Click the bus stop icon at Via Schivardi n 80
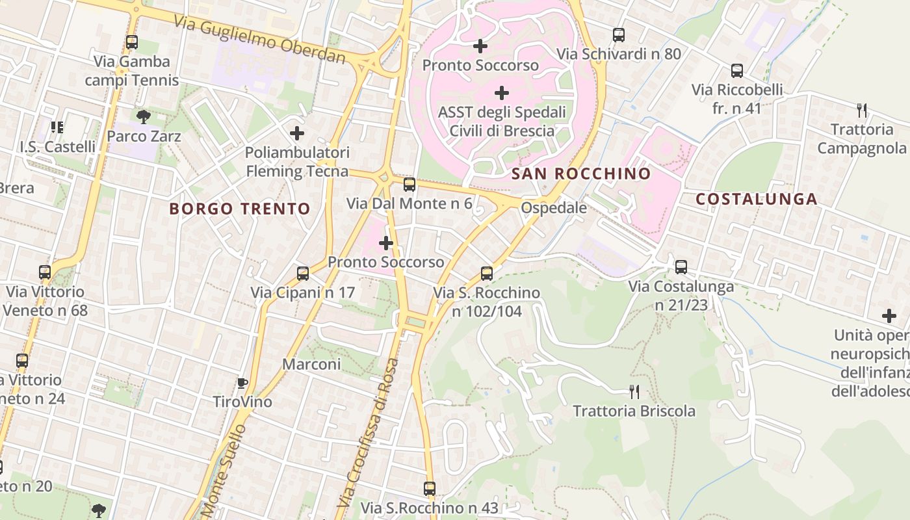(619, 35)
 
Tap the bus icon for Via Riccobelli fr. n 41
(736, 71)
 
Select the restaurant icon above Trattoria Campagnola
(862, 110)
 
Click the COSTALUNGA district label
(757, 200)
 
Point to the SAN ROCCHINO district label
(580, 174)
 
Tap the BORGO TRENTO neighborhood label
(240, 209)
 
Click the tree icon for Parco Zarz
(144, 117)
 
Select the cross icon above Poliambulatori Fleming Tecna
(297, 133)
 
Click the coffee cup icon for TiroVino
(242, 383)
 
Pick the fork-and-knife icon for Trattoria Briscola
(634, 391)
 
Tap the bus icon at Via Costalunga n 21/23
(681, 266)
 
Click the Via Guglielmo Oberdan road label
(260, 39)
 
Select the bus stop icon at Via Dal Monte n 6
(409, 184)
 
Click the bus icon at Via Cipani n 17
(303, 273)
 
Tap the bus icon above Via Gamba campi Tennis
(132, 42)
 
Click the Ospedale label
(554, 208)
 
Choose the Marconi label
(311, 364)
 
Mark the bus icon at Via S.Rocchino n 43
(430, 488)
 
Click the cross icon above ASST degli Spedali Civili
(502, 92)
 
